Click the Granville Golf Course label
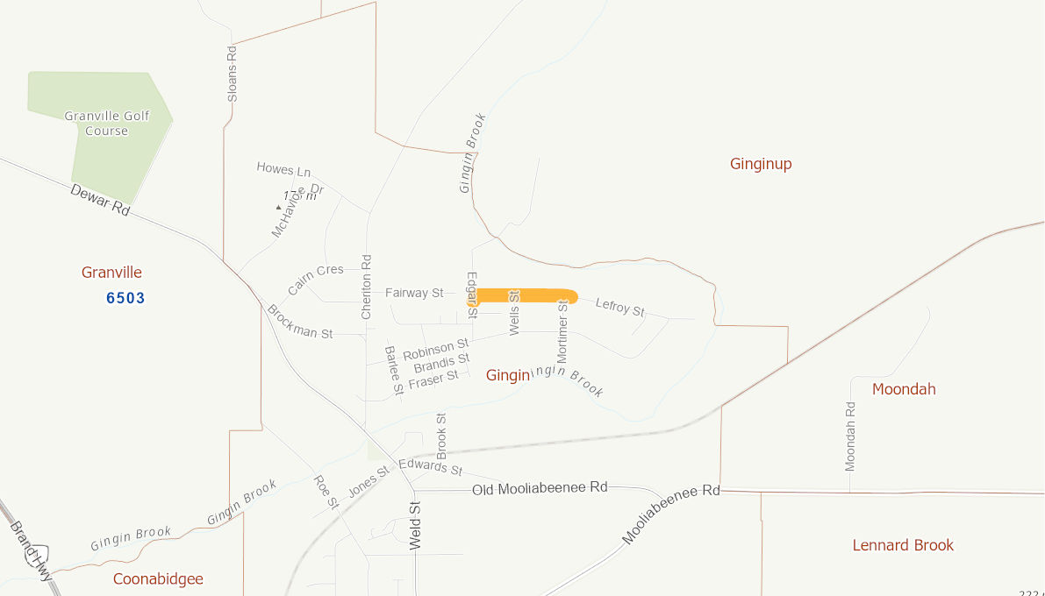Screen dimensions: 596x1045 point(106,124)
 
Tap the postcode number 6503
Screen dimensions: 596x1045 point(125,298)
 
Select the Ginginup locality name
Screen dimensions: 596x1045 point(761,164)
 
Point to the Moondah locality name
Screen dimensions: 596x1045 point(904,389)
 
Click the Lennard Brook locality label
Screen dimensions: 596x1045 point(903,545)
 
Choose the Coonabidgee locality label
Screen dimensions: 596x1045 point(158,579)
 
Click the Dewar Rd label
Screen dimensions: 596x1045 point(100,201)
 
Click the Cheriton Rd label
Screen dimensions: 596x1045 point(367,286)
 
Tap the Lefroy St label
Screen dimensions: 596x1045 point(620,307)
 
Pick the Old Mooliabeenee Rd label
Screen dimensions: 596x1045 point(540,487)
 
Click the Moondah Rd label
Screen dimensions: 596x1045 point(850,436)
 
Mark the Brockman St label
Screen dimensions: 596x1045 point(300,321)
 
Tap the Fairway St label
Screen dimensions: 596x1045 point(414,293)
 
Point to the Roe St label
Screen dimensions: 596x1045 point(326,492)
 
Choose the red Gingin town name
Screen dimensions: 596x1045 point(508,375)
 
